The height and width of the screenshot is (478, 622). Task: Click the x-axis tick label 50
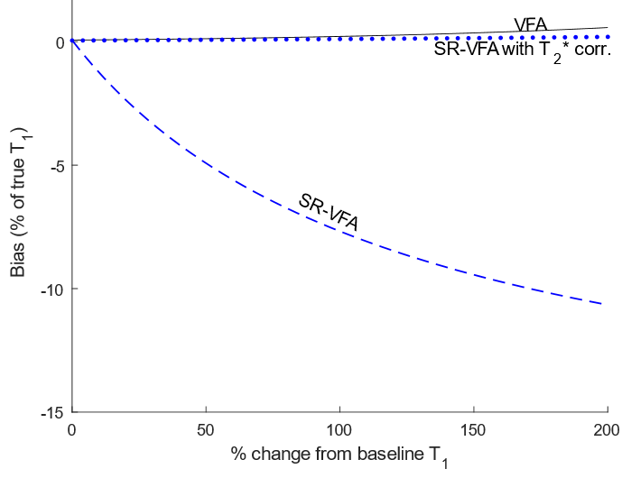(205, 430)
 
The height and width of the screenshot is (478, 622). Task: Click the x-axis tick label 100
(339, 430)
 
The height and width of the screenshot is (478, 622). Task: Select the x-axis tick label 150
(473, 430)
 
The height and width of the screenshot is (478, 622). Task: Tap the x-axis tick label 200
(607, 430)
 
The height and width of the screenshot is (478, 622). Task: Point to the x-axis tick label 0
(71, 430)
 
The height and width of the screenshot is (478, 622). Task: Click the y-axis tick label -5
(56, 166)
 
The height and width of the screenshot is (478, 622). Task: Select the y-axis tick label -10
(52, 290)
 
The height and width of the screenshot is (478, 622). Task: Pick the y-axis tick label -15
(52, 412)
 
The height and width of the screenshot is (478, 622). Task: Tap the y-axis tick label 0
(60, 42)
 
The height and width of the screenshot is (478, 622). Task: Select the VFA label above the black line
(530, 24)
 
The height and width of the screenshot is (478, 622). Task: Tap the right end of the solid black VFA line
(607, 28)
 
